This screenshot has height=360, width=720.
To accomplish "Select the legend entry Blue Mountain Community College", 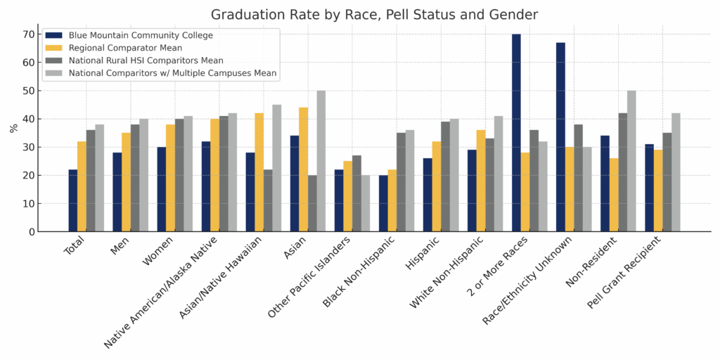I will [x=141, y=35].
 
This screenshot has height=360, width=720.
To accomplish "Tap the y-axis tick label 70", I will [x=28, y=34].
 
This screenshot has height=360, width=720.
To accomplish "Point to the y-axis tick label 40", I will [x=28, y=119].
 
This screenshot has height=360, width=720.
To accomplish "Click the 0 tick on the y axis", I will [x=32, y=232].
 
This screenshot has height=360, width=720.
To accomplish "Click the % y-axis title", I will [x=13, y=129].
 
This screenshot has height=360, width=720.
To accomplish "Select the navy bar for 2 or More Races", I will [x=516, y=133].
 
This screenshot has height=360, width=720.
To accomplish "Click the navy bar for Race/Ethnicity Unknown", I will [x=560, y=137].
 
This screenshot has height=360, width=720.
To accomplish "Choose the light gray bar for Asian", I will [x=321, y=161].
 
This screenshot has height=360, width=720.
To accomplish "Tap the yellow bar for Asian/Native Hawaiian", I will [x=259, y=172].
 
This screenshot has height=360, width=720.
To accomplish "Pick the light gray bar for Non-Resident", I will [x=631, y=161].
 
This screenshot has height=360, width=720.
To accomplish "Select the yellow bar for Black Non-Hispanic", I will [x=392, y=200].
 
